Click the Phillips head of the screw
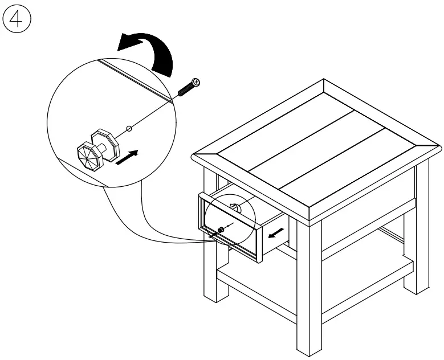click(196, 83)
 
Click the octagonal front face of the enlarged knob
click(88, 155)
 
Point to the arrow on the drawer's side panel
click(278, 232)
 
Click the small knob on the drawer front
click(221, 230)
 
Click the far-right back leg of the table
click(422, 228)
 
